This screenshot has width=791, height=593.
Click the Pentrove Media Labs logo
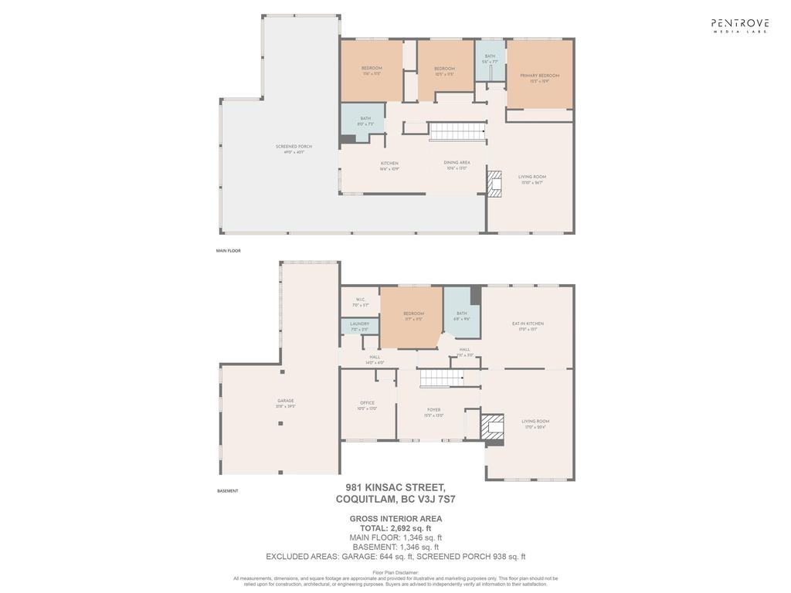[x=740, y=25]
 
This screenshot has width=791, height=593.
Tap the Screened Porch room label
[x=294, y=149]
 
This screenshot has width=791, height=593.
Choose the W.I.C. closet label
[x=360, y=302]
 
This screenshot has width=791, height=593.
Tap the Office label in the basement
[x=367, y=405]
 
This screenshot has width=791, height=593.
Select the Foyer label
[x=433, y=412]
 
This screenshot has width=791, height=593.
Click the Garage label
[x=285, y=403]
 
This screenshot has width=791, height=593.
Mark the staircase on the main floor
[x=457, y=132]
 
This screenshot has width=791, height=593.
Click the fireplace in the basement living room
[x=492, y=427]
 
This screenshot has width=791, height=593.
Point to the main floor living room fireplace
[x=494, y=183]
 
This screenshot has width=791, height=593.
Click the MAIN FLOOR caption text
[x=229, y=251]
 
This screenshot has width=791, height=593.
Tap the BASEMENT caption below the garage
[x=227, y=491]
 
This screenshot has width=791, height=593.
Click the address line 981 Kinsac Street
[x=395, y=487]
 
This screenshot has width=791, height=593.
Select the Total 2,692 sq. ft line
[x=395, y=528]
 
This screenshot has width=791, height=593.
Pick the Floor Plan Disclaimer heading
[x=395, y=572]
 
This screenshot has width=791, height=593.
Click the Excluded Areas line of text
[x=395, y=556]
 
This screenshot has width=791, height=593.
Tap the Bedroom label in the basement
[x=413, y=316]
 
